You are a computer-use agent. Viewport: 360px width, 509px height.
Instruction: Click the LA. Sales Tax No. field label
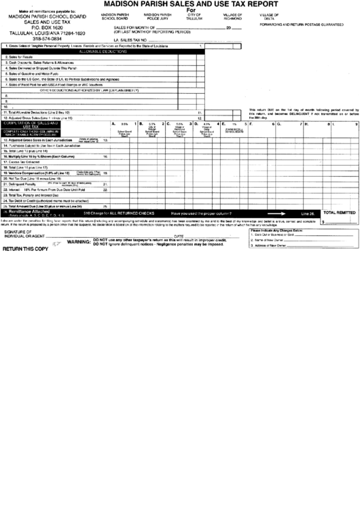pyautogui.click(x=130, y=40)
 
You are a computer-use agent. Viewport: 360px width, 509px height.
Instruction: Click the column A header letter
pyautogui.click(x=113, y=124)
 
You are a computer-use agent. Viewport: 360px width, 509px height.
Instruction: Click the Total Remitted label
pyautogui.click(x=338, y=213)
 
